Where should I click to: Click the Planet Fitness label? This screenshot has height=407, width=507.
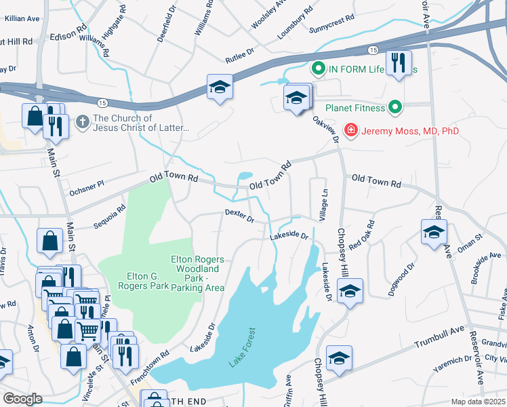tap(355, 107)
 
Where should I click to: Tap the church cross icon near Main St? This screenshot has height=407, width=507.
tap(82, 122)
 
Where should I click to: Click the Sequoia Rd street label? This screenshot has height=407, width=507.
tap(110, 217)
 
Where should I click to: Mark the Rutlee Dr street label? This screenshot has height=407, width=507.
tap(239, 52)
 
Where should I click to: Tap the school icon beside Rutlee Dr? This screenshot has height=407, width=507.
tap(219, 87)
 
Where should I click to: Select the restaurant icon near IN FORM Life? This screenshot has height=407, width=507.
tap(398, 64)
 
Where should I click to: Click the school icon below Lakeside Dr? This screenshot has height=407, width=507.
tap(349, 291)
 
